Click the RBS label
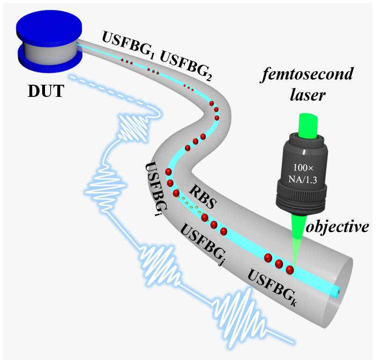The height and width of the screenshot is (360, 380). point(203,196)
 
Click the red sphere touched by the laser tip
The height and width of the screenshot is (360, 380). point(290,269)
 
